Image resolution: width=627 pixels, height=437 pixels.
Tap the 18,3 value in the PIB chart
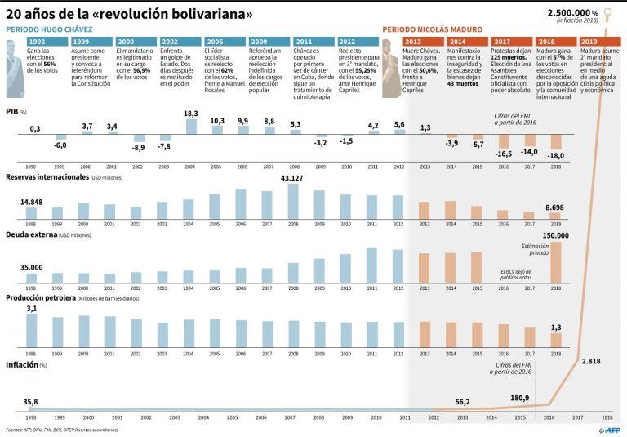coord(190,114)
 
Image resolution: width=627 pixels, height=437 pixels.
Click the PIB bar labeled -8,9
coord(138,138)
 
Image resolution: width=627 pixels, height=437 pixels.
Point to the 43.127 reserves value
coord(293,179)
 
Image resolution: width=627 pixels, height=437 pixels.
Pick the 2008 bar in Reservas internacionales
coord(293,202)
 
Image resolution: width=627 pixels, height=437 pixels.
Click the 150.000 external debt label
coord(555,235)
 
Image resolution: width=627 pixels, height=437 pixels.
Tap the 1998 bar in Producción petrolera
coord(32,331)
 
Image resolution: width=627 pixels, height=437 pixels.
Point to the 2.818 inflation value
coord(590,359)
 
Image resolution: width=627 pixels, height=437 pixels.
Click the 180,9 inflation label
coord(520,398)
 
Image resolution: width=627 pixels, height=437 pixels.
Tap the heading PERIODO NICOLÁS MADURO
coord(432,29)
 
